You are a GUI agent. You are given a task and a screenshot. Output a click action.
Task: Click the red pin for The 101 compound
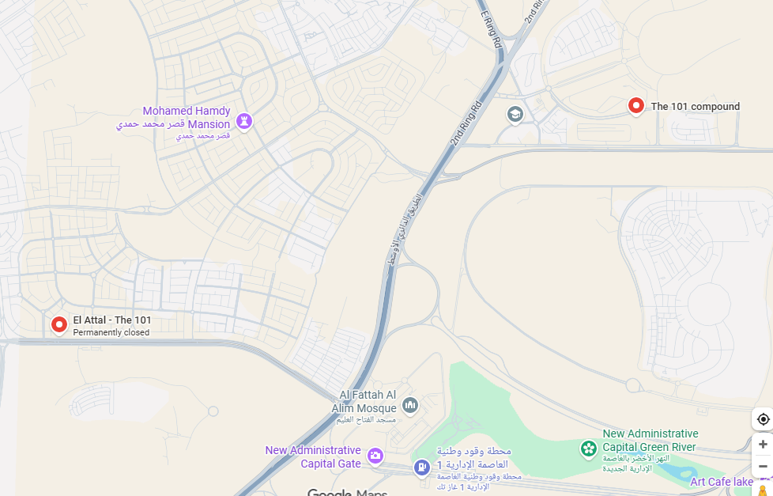[635, 105]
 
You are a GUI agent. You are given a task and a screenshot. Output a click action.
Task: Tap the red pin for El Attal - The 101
[58, 324]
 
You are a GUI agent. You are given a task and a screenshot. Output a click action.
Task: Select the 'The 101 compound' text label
[695, 107]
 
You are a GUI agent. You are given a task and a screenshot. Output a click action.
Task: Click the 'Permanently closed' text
[111, 333]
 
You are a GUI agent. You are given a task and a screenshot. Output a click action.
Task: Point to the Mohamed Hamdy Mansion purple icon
[243, 121]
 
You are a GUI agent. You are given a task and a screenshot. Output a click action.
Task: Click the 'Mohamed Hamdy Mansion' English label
[187, 117]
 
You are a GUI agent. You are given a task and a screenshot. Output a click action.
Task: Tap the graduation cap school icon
[515, 115]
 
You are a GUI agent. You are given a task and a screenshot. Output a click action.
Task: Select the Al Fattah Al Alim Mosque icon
[409, 406]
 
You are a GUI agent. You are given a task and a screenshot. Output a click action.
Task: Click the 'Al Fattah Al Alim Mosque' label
[368, 401]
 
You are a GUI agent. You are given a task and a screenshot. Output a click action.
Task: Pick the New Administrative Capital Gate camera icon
[375, 456]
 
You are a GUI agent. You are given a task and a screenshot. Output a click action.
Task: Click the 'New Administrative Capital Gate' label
[313, 456]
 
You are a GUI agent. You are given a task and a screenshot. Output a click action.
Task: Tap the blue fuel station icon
[422, 468]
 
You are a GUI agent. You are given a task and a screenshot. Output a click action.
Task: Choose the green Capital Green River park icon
[589, 449]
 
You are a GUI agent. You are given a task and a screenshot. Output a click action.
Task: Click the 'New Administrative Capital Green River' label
[650, 440]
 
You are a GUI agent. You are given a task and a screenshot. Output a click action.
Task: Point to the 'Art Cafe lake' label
[721, 482]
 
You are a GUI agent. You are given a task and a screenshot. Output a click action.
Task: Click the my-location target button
[763, 419]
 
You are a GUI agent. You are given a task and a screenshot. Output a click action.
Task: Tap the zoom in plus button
[763, 445]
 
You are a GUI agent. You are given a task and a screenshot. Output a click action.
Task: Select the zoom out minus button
[763, 467]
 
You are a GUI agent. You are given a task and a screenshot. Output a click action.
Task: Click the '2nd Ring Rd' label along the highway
[466, 123]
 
